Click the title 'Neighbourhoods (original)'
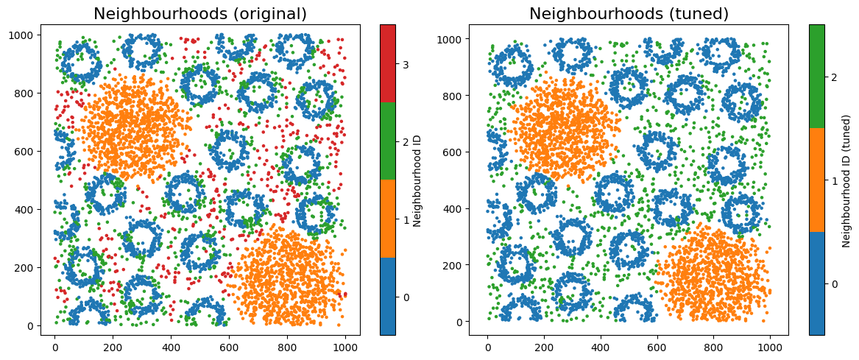(200, 13)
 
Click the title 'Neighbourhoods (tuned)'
(629, 13)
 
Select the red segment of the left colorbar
(388, 63)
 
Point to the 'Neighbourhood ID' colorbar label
(417, 180)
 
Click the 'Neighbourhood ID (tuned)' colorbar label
(846, 180)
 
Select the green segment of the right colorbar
(816, 77)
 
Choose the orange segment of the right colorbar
(816, 180)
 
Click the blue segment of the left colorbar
(388, 296)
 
